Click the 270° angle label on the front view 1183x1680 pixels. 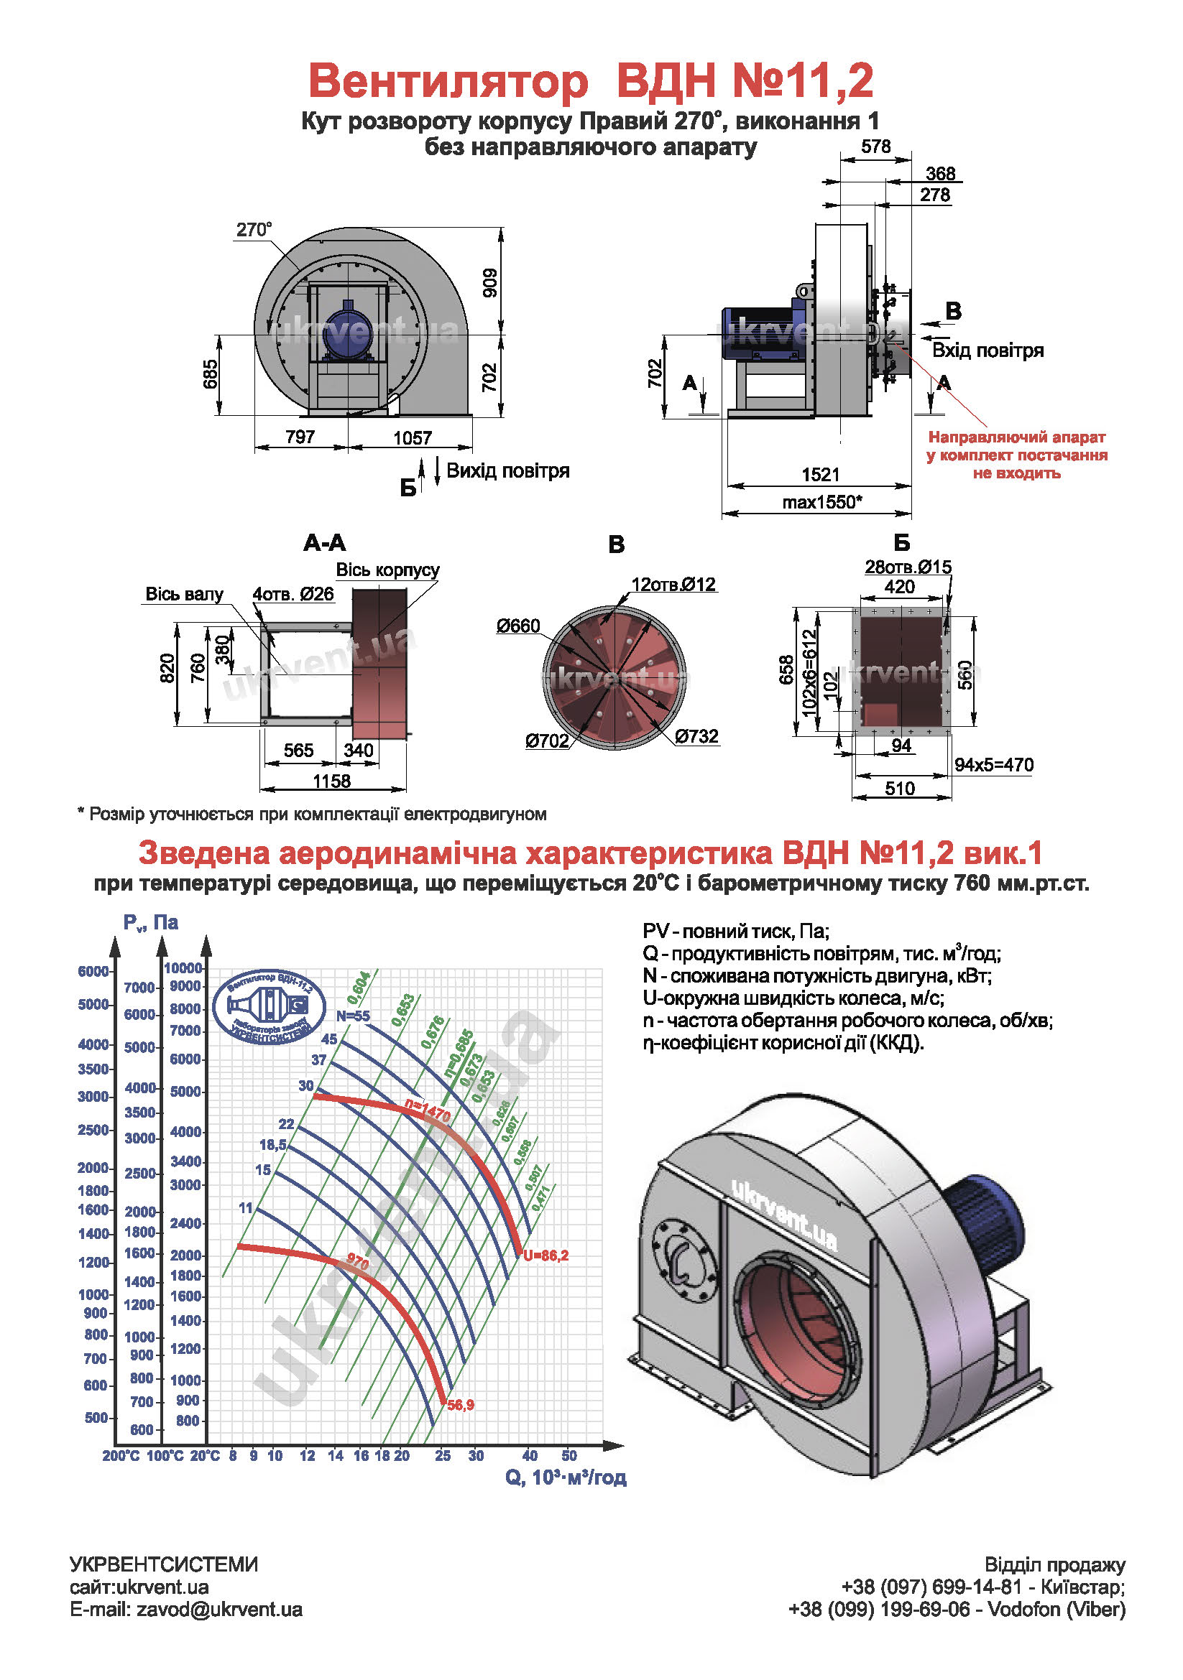(x=253, y=230)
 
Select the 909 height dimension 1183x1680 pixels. (x=489, y=283)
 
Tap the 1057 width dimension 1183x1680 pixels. (x=412, y=437)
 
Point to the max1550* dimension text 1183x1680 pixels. (x=821, y=502)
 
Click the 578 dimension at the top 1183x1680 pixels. (x=875, y=147)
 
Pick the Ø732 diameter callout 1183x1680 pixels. (x=696, y=736)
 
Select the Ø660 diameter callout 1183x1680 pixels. (x=518, y=626)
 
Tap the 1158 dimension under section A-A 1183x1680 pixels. (x=331, y=781)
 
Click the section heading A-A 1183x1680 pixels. (x=324, y=542)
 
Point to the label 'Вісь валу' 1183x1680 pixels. (x=184, y=594)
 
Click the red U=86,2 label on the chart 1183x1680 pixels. (x=546, y=1256)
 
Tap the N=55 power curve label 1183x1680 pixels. (x=353, y=1016)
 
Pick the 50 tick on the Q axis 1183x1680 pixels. (x=569, y=1455)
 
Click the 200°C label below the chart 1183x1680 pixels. (x=121, y=1456)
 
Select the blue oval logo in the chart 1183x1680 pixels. (x=270, y=1008)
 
